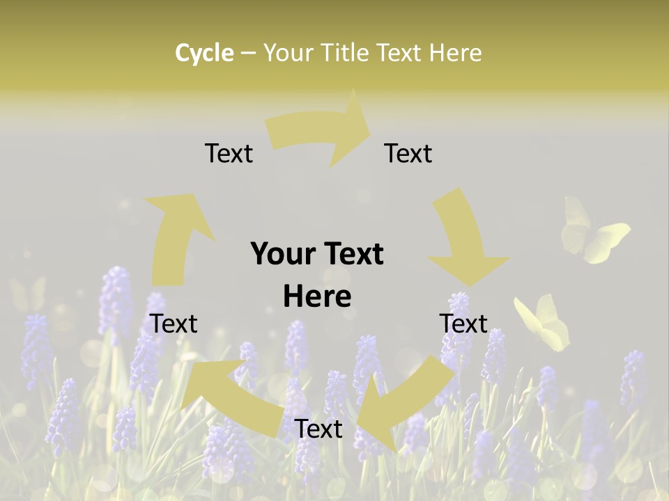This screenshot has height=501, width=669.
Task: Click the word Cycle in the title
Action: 204,53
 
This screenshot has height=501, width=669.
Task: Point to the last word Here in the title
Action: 456,53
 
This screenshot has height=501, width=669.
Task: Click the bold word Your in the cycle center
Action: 282,254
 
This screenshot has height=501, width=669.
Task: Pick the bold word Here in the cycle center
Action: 317,297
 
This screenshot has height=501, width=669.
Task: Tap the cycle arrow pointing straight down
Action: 463,240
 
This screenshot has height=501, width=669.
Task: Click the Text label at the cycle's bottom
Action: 318,429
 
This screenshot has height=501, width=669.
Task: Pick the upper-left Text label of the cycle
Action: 229,153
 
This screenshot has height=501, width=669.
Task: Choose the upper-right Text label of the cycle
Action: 408,153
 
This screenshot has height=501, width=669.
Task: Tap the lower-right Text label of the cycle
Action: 463,324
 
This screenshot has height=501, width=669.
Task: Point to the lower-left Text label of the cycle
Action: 174,324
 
